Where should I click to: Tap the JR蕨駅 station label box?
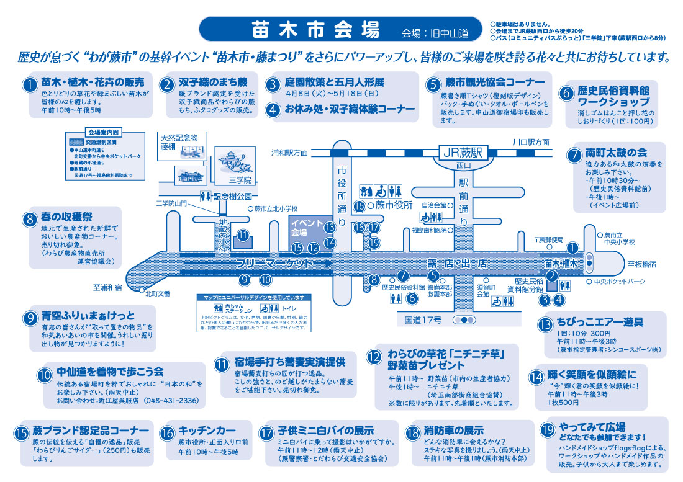(x=464, y=151)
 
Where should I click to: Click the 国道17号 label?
(x=423, y=320)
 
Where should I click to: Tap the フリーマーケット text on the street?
(x=283, y=264)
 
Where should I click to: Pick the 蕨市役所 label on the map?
(x=395, y=205)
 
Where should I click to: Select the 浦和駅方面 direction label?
(x=289, y=152)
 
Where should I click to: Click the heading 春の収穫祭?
(x=66, y=217)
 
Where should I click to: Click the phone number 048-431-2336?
(x=171, y=401)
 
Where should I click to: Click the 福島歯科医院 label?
(x=430, y=230)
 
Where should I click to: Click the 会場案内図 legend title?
(x=103, y=133)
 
